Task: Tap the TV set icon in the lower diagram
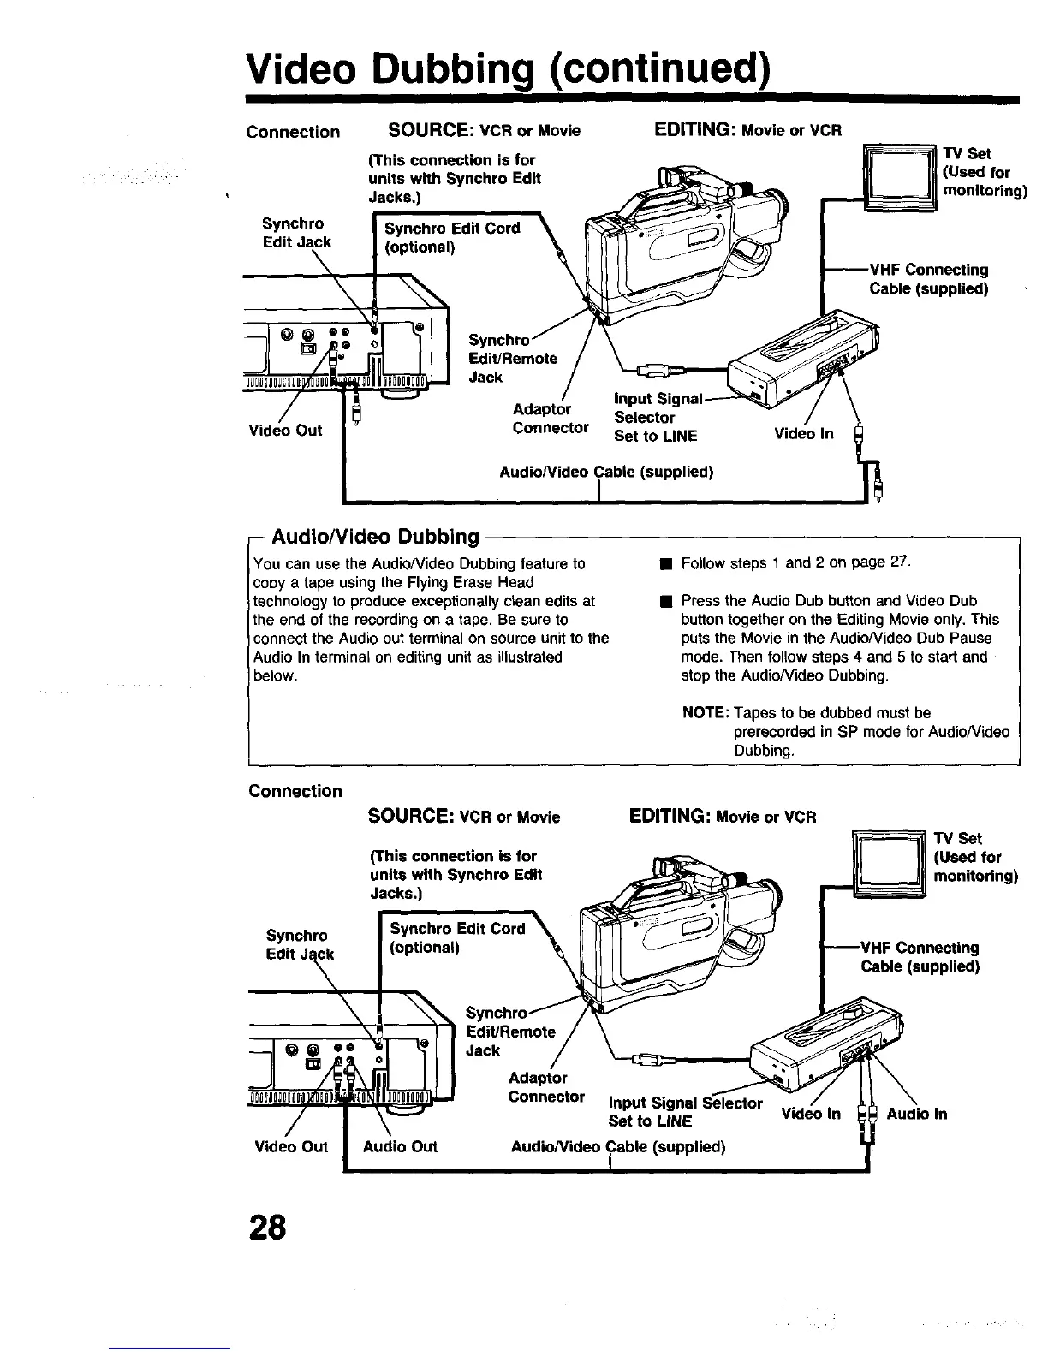[890, 863]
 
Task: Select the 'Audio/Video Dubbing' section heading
[374, 537]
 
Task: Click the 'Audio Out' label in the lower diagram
[400, 1146]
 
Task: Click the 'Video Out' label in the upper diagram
[285, 430]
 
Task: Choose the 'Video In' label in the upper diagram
[803, 434]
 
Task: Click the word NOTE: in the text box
[705, 713]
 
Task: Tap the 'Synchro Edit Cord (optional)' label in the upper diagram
[452, 238]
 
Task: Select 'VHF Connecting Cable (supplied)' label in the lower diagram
[920, 957]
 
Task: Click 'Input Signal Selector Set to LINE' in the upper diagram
[658, 418]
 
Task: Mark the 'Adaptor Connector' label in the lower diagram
[546, 1087]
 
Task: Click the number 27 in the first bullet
[897, 563]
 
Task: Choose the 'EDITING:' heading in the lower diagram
[668, 816]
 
